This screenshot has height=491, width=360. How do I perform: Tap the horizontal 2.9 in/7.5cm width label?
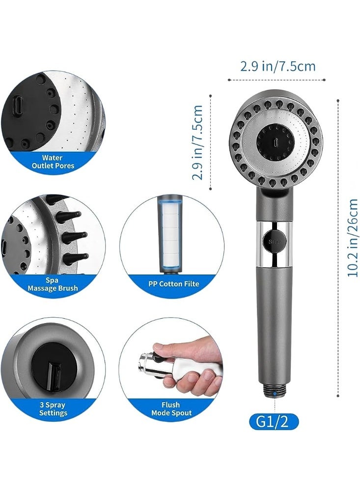coord(277,66)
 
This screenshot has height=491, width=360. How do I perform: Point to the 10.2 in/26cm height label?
coord(353,238)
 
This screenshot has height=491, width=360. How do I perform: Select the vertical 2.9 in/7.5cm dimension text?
coord(198,142)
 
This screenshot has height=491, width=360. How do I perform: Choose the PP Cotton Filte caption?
coord(173,284)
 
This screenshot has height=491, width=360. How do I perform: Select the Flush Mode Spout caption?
coord(170,409)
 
